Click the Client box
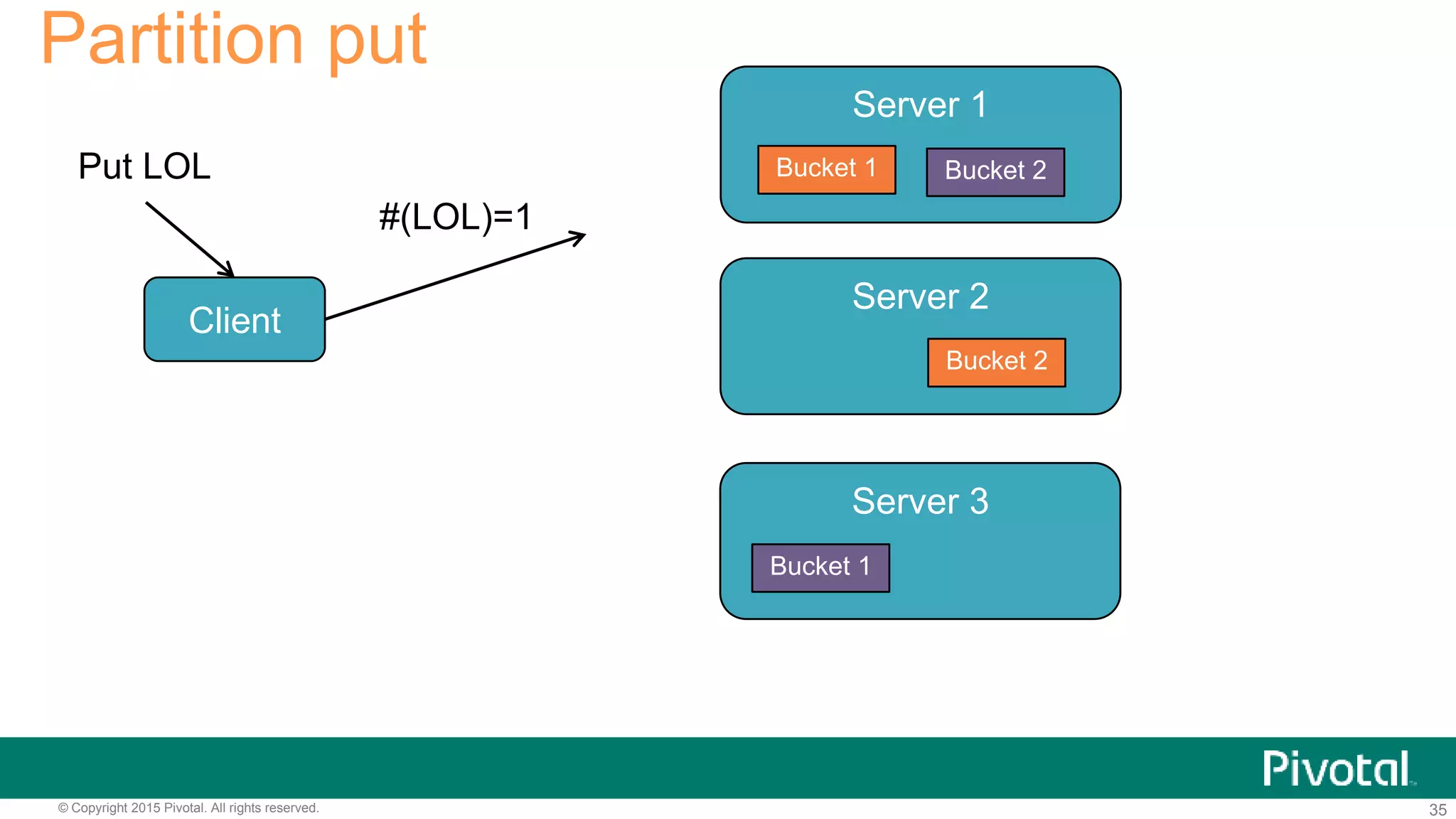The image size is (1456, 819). pos(235,319)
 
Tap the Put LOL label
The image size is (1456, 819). pos(144,166)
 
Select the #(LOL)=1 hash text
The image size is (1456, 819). pos(455,217)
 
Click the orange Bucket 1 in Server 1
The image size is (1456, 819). pos(826,169)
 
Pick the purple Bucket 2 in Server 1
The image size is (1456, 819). pos(995,171)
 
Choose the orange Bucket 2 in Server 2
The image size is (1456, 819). pos(996,362)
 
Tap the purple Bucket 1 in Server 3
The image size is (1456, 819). pos(820,567)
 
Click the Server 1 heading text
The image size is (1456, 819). pos(919,105)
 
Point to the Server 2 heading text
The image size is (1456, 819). pos(920,296)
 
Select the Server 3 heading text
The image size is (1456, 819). pos(920,501)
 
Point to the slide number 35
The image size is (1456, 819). pos(1438,810)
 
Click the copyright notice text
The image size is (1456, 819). pos(188,808)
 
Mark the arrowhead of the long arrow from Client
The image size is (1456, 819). pos(579,236)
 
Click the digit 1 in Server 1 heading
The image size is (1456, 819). pos(979,105)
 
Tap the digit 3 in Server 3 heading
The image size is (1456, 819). pos(979,501)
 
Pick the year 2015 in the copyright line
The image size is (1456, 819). pos(146,808)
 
